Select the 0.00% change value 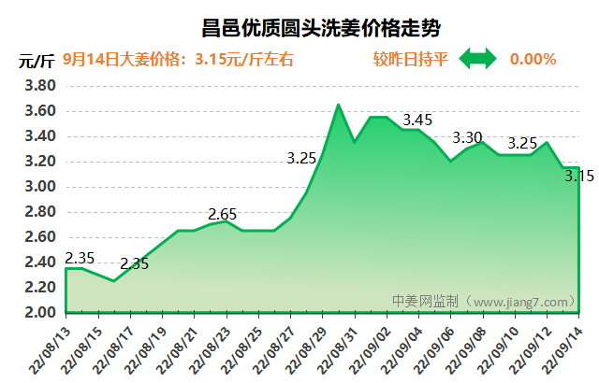[533, 60]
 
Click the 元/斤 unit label [37, 62]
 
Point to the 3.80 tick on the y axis [39, 86]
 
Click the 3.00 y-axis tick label [39, 187]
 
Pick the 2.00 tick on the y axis [39, 312]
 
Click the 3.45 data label [416, 121]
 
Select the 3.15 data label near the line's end [580, 176]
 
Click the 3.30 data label [467, 138]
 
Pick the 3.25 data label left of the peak [301, 159]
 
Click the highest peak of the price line [339, 105]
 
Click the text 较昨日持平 [410, 60]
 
